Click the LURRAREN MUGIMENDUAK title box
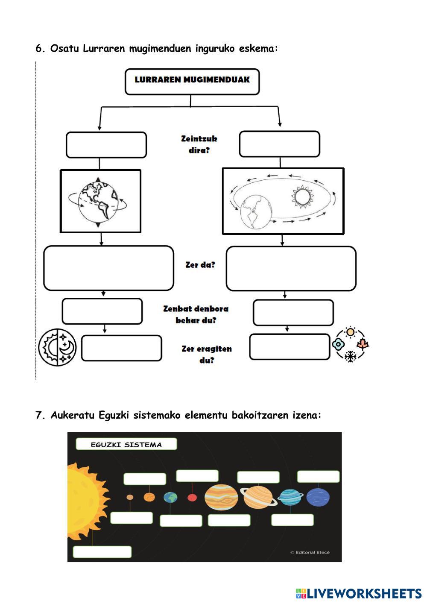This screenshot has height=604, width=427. click(x=192, y=82)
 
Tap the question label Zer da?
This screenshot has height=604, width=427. click(x=200, y=265)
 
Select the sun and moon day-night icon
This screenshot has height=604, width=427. click(x=57, y=347)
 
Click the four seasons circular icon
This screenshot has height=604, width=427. click(x=351, y=344)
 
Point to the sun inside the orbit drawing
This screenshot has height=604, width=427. click(x=302, y=196)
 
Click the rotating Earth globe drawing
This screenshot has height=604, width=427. click(x=98, y=202)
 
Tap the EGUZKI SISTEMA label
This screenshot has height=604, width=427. click(x=126, y=445)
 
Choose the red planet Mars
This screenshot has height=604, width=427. click(x=192, y=498)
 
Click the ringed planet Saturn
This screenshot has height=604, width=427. click(x=258, y=497)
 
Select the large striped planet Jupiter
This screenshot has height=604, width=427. click(x=221, y=497)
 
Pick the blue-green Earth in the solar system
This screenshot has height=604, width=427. click(x=170, y=498)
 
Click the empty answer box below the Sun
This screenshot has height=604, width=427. click(x=102, y=552)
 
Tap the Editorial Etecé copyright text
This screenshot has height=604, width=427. click(x=310, y=552)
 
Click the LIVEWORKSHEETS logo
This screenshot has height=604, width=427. click(x=359, y=594)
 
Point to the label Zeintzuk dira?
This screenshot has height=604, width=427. click(x=199, y=144)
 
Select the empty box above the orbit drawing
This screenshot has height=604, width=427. click(x=280, y=144)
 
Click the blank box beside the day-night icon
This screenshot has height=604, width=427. click(x=122, y=348)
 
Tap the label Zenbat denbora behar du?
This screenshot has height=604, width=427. click(x=196, y=314)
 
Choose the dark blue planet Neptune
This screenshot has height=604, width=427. click(x=318, y=497)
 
